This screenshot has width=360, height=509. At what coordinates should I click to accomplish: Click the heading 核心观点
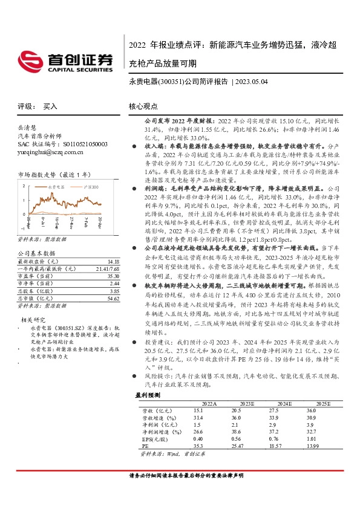click(143, 106)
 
